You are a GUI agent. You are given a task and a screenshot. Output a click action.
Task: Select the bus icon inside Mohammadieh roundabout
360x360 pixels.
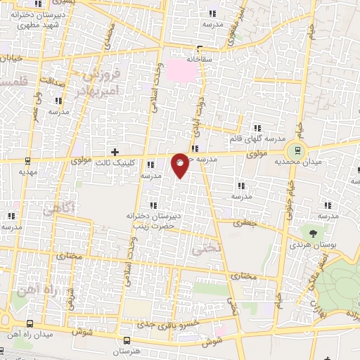pos(297,149)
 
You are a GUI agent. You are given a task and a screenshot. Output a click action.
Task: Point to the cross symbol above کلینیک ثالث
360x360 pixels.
pos(115,152)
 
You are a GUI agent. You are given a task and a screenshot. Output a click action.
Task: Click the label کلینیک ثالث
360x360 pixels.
pos(116,162)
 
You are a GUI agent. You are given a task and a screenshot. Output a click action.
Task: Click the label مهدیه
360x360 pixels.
pos(27,171)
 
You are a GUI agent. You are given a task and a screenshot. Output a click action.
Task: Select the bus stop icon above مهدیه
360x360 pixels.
pos(27,160)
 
